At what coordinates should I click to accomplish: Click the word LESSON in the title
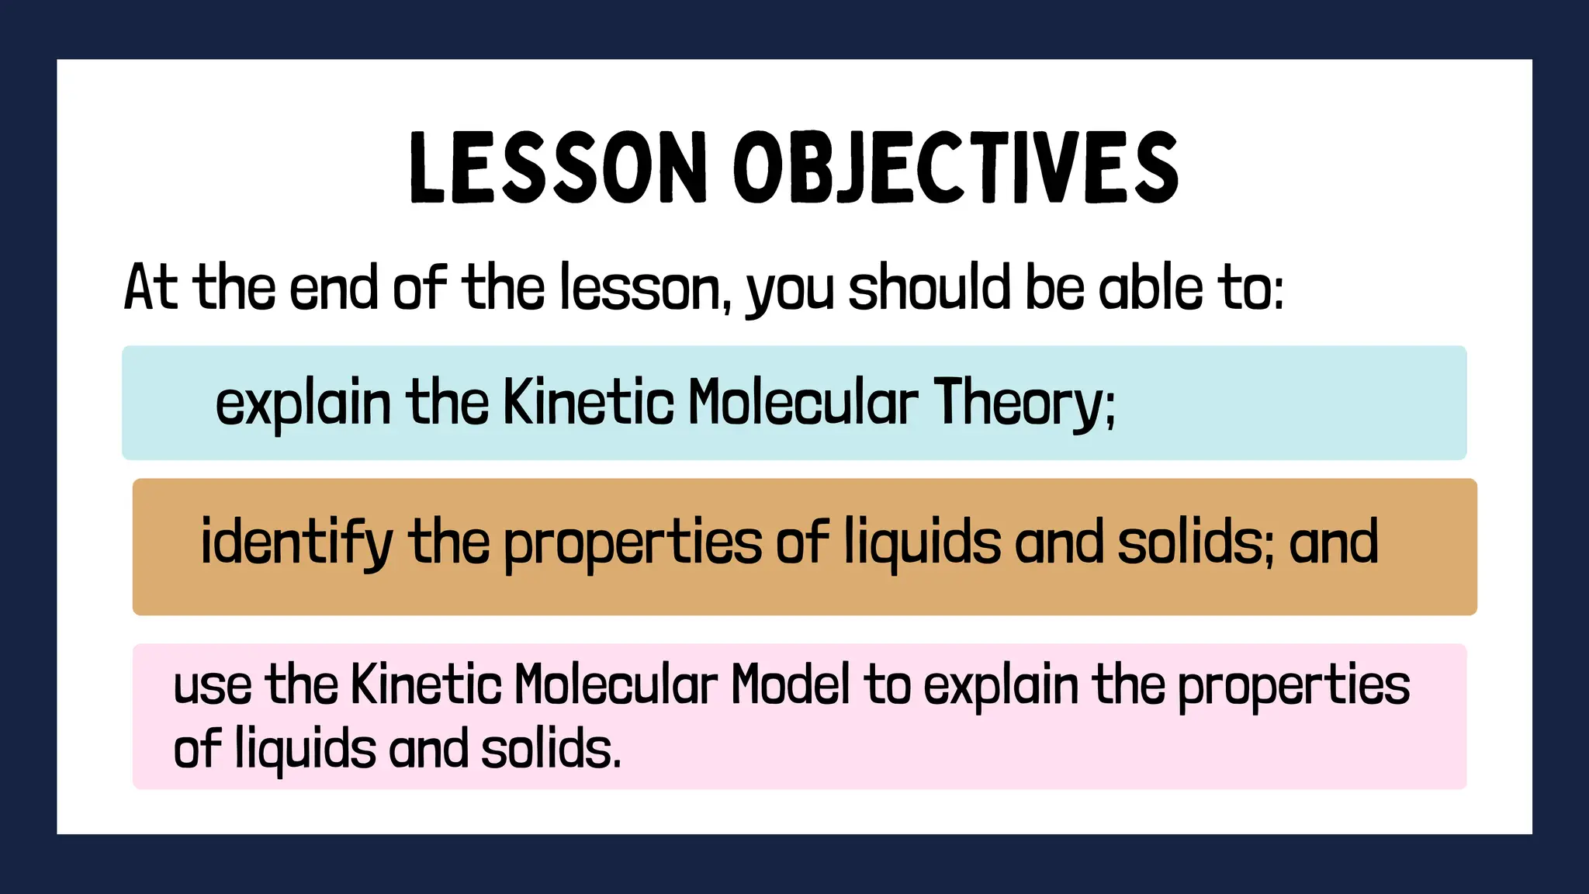pyautogui.click(x=557, y=167)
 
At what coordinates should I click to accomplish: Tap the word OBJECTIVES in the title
pyautogui.click(x=956, y=167)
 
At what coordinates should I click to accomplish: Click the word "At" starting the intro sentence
pyautogui.click(x=151, y=288)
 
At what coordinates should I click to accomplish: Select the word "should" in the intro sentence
pyautogui.click(x=929, y=288)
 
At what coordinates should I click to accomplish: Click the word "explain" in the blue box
pyautogui.click(x=303, y=404)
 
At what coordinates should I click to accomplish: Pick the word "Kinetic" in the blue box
pyautogui.click(x=589, y=404)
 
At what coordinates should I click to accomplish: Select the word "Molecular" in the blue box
pyautogui.click(x=803, y=404)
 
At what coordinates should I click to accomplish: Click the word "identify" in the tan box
pyautogui.click(x=296, y=542)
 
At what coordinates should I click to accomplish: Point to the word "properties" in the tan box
pyautogui.click(x=632, y=542)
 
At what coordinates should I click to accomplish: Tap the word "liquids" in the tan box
pyautogui.click(x=923, y=542)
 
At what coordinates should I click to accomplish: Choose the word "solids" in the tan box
pyautogui.click(x=1190, y=542)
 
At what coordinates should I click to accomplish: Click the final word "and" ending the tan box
pyautogui.click(x=1333, y=542)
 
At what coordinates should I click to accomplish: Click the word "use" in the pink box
pyautogui.click(x=212, y=685)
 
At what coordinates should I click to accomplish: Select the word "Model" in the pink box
pyautogui.click(x=790, y=685)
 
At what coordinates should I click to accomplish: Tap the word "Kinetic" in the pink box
pyautogui.click(x=426, y=685)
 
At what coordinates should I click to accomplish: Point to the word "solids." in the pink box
pyautogui.click(x=551, y=750)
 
